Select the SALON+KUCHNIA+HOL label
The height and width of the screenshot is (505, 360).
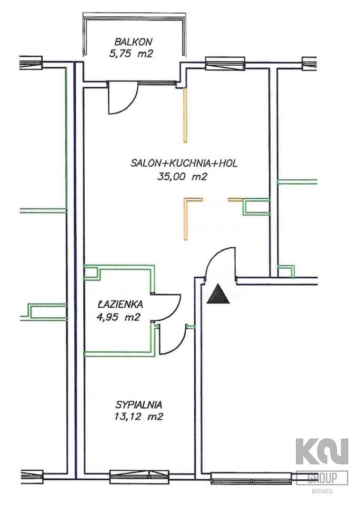[184, 164]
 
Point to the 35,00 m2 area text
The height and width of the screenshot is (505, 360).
[182, 177]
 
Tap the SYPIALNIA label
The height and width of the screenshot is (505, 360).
[138, 405]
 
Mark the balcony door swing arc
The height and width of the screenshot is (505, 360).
[124, 100]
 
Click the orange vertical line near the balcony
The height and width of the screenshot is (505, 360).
[185, 116]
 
